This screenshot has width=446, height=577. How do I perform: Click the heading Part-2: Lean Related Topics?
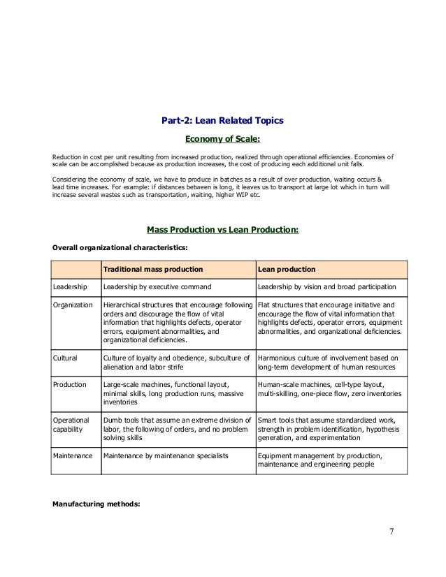tap(222, 121)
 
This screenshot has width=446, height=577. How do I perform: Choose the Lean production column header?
tap(287, 269)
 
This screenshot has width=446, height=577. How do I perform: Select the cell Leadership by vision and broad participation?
tap(326, 287)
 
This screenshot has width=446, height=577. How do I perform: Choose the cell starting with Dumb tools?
tap(176, 429)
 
